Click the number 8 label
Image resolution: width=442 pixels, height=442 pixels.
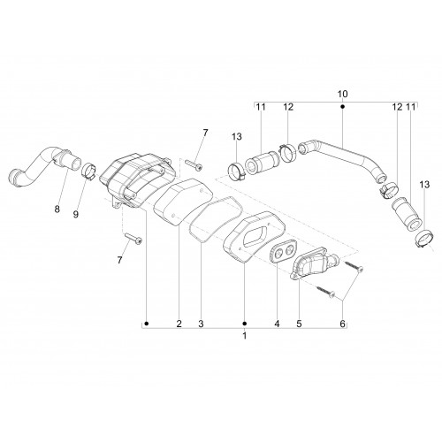[57, 210]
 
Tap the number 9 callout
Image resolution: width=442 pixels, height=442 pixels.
[76, 215]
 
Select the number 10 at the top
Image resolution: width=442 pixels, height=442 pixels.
[342, 95]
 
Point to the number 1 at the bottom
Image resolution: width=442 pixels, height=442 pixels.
[244, 336]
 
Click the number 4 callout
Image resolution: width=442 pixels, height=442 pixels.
[277, 324]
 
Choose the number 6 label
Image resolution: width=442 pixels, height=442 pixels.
[342, 324]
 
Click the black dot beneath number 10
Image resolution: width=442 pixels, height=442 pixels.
[342, 106]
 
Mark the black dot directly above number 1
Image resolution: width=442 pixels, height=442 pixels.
[244, 324]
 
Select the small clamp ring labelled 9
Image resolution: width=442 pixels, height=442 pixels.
[88, 171]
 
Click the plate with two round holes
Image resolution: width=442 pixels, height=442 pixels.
[284, 253]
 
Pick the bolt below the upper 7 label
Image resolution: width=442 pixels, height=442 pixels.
[194, 164]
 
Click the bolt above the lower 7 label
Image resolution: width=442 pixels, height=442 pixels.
[133, 238]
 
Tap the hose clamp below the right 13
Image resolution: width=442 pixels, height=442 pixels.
[423, 239]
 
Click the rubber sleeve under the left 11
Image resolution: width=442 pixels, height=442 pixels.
[262, 163]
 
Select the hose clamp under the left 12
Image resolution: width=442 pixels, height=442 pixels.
[288, 152]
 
